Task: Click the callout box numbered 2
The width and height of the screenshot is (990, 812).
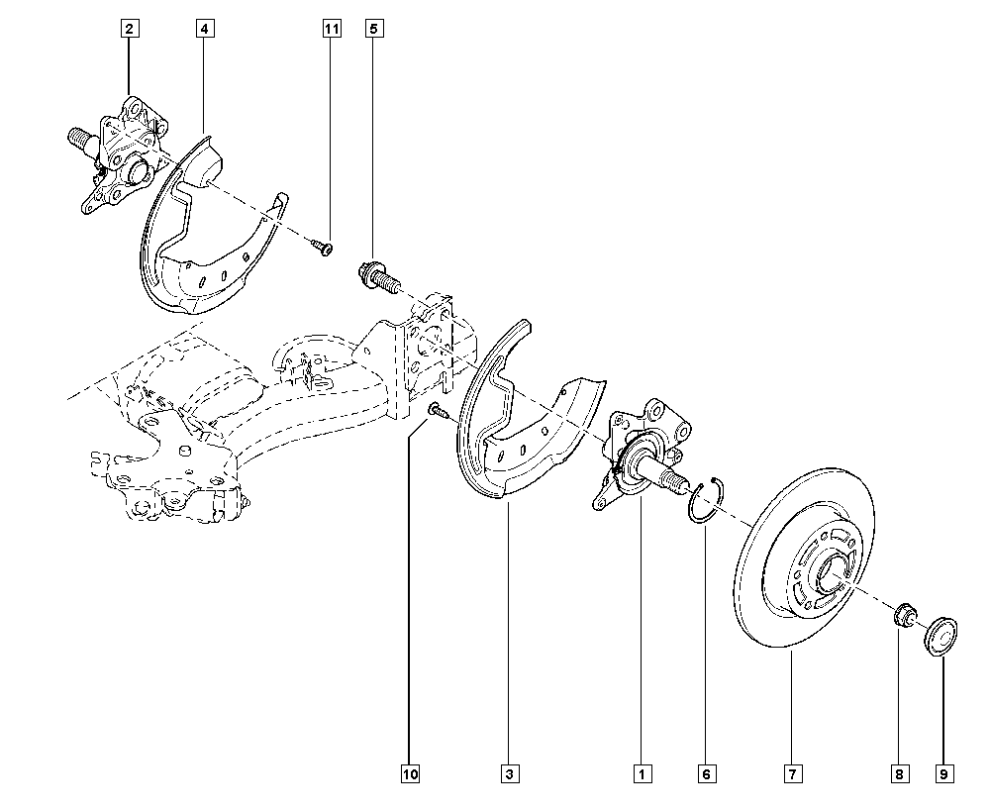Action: (x=129, y=29)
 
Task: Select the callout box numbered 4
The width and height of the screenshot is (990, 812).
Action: (x=203, y=29)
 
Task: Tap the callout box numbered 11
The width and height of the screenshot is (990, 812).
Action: (x=331, y=29)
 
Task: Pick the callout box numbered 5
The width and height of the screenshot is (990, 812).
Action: (x=373, y=29)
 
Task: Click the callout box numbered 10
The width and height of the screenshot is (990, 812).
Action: (x=410, y=773)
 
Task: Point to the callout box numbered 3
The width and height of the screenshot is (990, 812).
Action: (x=510, y=773)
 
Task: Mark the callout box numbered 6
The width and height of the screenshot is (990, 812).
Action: (x=706, y=773)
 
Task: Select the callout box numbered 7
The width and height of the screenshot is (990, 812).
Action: (x=793, y=773)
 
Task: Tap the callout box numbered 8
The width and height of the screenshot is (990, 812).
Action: (x=899, y=773)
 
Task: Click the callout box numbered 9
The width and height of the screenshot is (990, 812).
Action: (x=944, y=773)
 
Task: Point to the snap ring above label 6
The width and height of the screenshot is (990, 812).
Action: (x=704, y=496)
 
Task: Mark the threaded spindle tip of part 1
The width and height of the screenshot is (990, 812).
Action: (x=677, y=482)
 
